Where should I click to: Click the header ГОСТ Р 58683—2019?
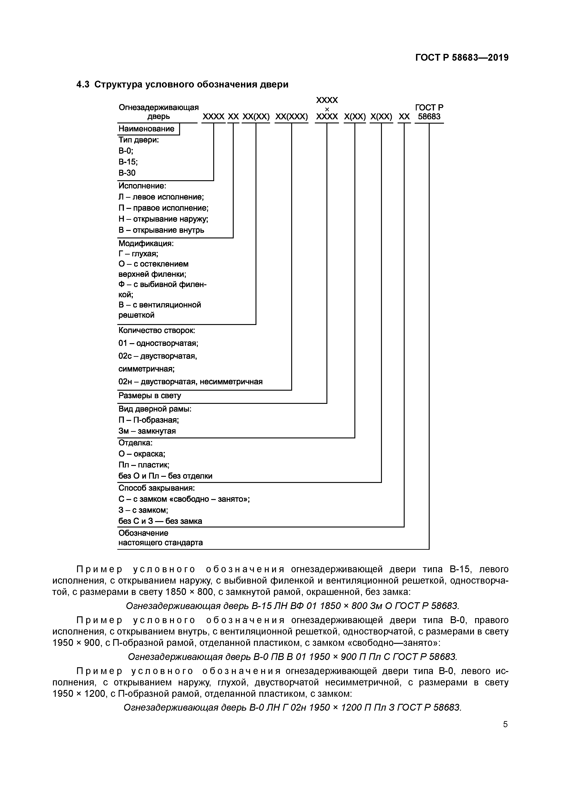coord(462,58)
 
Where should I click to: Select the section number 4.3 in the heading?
coord(83,84)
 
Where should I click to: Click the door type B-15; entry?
coord(128,162)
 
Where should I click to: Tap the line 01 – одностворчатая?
coord(158,343)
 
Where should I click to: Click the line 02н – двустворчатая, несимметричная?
coord(190,382)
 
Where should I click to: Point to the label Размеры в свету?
coord(150,395)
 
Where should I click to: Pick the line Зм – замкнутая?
coord(147,431)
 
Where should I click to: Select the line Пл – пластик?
coord(144,465)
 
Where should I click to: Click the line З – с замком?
coord(143,510)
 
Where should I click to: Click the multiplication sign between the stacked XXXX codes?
coord(327,109)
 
